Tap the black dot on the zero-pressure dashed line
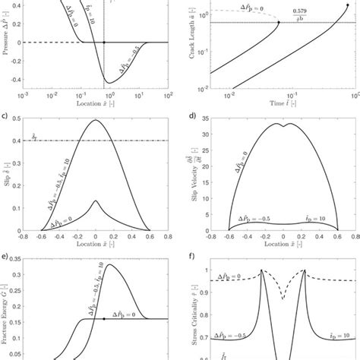(104, 43)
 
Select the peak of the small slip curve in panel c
(96, 201)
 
